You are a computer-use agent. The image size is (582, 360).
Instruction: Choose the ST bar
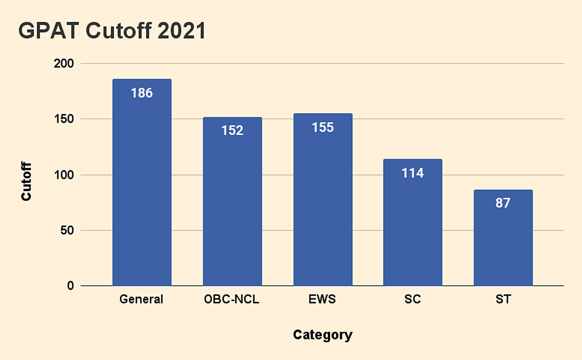[503, 238]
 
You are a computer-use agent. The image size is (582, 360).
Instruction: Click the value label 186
[142, 93]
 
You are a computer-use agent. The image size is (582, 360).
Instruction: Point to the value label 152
[232, 131]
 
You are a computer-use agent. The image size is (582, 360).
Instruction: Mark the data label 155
[323, 127]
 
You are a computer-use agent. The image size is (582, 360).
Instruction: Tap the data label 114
[413, 173]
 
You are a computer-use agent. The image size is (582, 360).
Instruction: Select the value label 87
[503, 203]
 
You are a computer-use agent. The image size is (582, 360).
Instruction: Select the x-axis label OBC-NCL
[232, 299]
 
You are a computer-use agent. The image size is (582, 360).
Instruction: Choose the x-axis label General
[142, 299]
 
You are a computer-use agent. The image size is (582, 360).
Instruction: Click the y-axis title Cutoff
[27, 182]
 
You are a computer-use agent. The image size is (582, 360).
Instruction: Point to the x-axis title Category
[323, 335]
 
